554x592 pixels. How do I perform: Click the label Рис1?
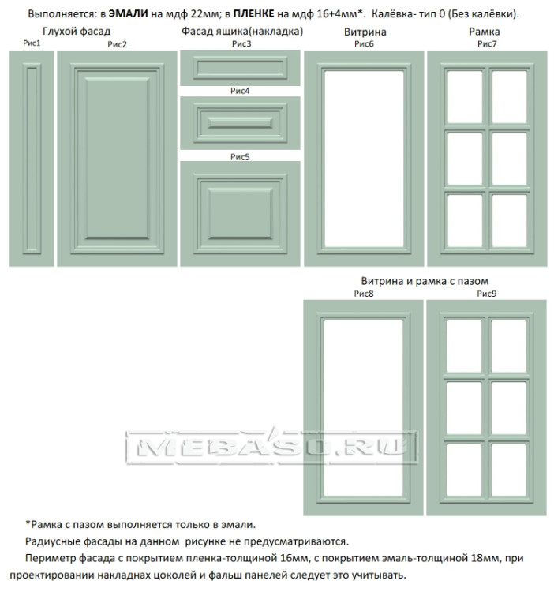pyautogui.click(x=32, y=43)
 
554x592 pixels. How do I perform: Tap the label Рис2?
pyautogui.click(x=117, y=44)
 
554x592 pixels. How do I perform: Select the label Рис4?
pyautogui.click(x=240, y=91)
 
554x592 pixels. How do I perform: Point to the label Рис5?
pyautogui.click(x=240, y=157)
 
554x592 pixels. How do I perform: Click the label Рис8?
pyautogui.click(x=364, y=294)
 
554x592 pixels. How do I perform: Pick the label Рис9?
pyautogui.click(x=487, y=294)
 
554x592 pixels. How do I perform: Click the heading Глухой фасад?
pyautogui.click(x=77, y=32)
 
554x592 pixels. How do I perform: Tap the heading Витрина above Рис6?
pyautogui.click(x=365, y=32)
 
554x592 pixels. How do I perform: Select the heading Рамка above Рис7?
pyautogui.click(x=485, y=32)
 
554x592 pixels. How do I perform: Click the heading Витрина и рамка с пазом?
pyautogui.click(x=425, y=281)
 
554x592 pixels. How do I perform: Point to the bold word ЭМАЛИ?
pyautogui.click(x=129, y=13)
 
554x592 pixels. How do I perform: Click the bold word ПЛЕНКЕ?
pyautogui.click(x=253, y=13)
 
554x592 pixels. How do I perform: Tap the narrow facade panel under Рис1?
pyautogui.click(x=32, y=159)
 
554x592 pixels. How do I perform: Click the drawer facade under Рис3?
pyautogui.click(x=240, y=68)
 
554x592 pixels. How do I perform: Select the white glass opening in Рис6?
pyautogui.click(x=364, y=159)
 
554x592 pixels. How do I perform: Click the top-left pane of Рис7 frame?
pyautogui.click(x=465, y=97)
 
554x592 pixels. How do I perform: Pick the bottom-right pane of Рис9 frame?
pyautogui.click(x=509, y=470)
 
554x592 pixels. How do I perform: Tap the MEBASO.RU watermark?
pyautogui.click(x=271, y=447)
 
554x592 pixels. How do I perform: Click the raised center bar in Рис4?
pyautogui.click(x=240, y=122)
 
